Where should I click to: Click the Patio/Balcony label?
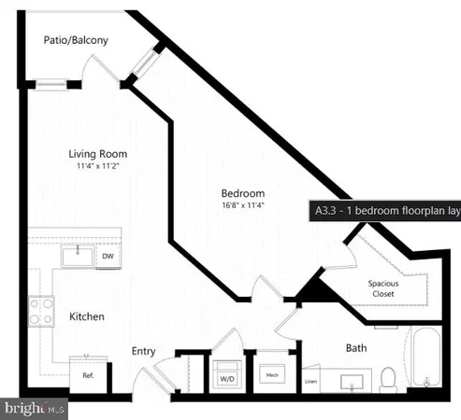point(75,40)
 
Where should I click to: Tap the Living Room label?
point(97,154)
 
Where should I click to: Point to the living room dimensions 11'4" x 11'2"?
point(97,167)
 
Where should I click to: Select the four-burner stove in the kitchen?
point(40,310)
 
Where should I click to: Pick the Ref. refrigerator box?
point(88,374)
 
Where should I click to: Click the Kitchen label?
point(87,317)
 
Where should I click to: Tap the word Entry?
point(143,352)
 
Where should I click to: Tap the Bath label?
point(356,347)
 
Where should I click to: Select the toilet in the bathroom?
point(388,377)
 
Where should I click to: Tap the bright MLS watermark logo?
point(34,409)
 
